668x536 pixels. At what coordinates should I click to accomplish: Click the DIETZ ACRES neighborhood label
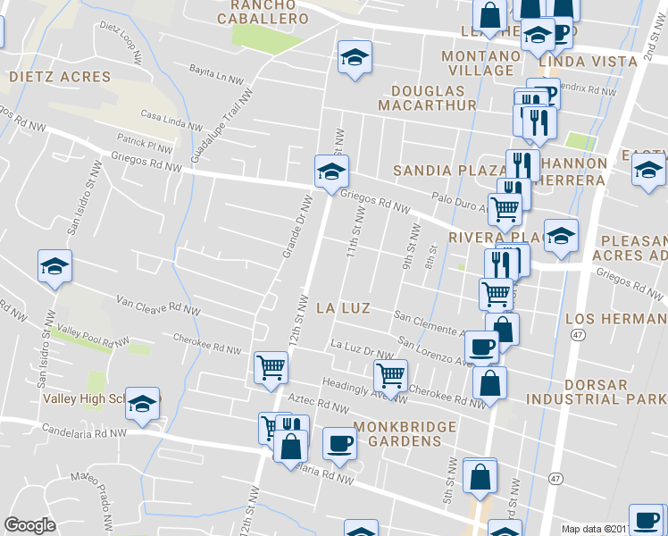60,77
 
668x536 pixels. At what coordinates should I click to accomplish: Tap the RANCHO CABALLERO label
269,12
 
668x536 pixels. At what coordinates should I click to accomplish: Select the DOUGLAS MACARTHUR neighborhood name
433,98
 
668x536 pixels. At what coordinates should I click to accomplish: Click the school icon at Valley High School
142,404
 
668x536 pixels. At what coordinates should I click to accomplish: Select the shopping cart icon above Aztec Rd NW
270,367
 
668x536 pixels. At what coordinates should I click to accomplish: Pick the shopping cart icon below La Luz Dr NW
390,374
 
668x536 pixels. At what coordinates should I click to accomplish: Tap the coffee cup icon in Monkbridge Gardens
338,443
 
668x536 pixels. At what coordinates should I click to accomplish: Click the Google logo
29,525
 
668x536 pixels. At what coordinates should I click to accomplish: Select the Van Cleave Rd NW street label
156,304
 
